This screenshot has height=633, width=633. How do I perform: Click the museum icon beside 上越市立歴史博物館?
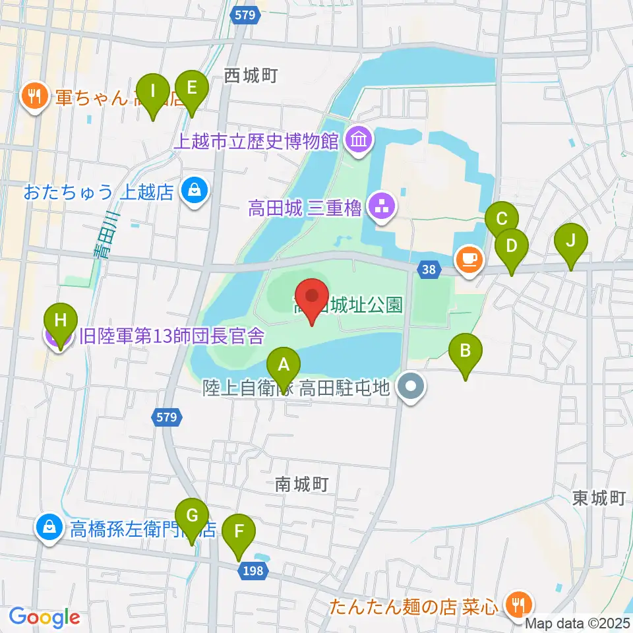tap(360, 140)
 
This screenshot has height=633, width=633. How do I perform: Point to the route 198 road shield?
tap(255, 572)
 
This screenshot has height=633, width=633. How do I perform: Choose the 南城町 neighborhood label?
tap(301, 485)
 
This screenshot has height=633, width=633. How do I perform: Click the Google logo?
tap(45, 617)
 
